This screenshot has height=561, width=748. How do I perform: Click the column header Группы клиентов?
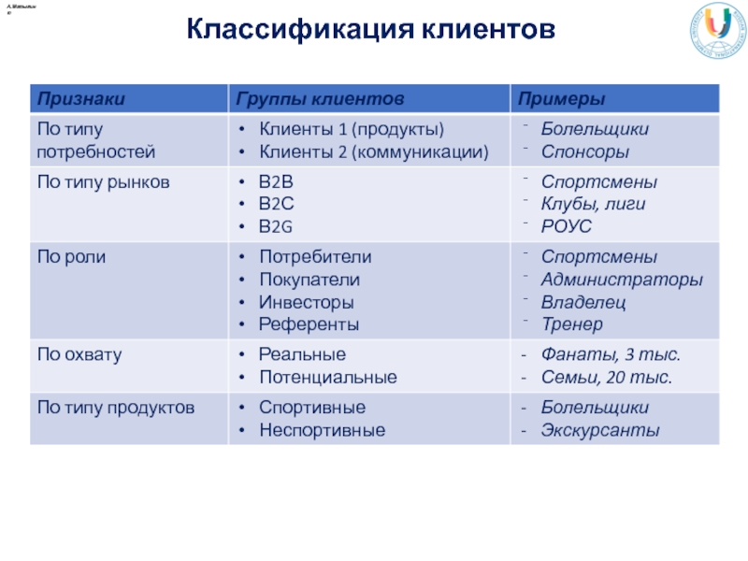(x=320, y=99)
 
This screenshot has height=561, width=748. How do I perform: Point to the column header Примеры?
(x=561, y=99)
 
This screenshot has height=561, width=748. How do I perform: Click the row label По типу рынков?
(x=103, y=182)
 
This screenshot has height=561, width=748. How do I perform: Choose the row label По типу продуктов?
(x=115, y=409)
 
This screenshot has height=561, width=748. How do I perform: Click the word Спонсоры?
(x=585, y=151)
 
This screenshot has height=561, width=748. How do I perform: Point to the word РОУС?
(x=567, y=226)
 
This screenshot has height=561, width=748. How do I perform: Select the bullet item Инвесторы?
(x=307, y=302)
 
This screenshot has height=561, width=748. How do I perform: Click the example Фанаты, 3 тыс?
(x=611, y=355)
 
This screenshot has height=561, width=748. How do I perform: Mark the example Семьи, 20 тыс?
(x=607, y=378)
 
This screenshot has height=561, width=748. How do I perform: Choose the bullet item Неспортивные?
(x=322, y=431)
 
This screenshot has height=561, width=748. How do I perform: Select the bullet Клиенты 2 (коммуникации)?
(x=373, y=151)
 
